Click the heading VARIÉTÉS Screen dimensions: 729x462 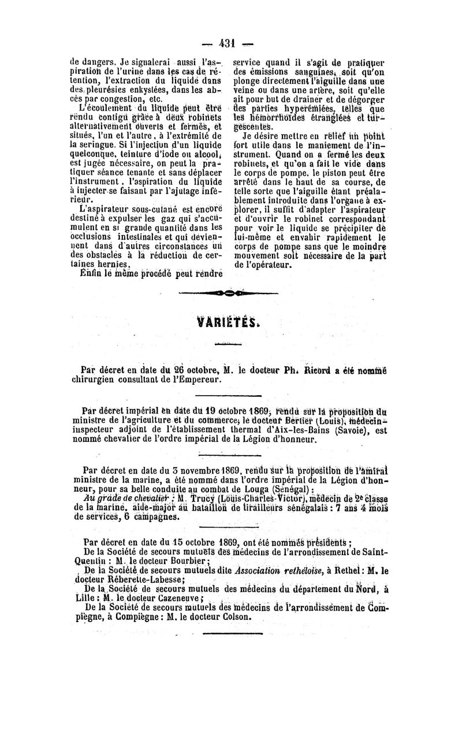point(229,321)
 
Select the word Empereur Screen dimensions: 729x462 point(198,380)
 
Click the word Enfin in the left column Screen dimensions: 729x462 point(91,274)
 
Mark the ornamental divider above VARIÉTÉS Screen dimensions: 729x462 point(229,293)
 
